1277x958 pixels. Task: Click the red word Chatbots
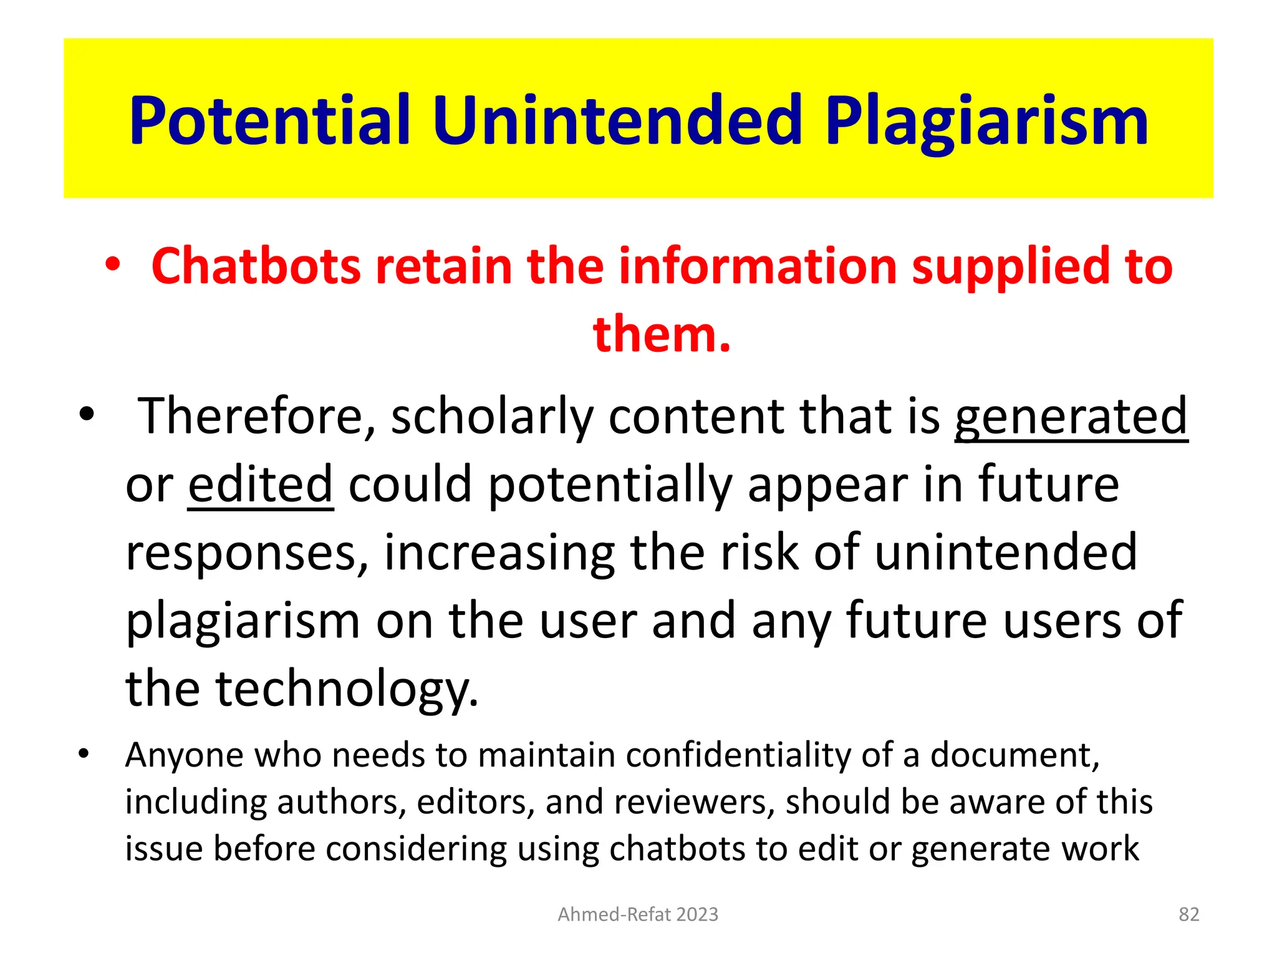(x=256, y=266)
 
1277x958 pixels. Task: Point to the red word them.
(x=661, y=334)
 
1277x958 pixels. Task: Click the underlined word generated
(x=1071, y=416)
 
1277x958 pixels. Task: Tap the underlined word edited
(x=261, y=484)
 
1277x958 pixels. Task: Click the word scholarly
(x=492, y=416)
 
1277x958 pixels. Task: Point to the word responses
(x=247, y=553)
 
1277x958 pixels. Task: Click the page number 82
(x=1188, y=914)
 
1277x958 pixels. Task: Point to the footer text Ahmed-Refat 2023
(x=638, y=914)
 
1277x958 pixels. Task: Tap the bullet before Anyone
(x=84, y=754)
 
